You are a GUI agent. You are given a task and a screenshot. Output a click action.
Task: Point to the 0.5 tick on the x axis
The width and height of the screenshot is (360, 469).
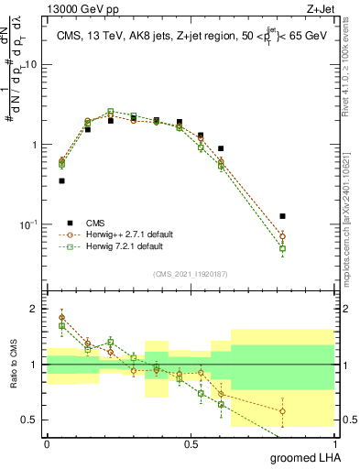(191, 443)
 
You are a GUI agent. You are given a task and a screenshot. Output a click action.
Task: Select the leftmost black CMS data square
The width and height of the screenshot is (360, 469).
(61, 180)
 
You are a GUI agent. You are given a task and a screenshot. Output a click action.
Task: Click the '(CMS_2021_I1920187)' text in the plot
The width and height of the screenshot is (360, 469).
(190, 274)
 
